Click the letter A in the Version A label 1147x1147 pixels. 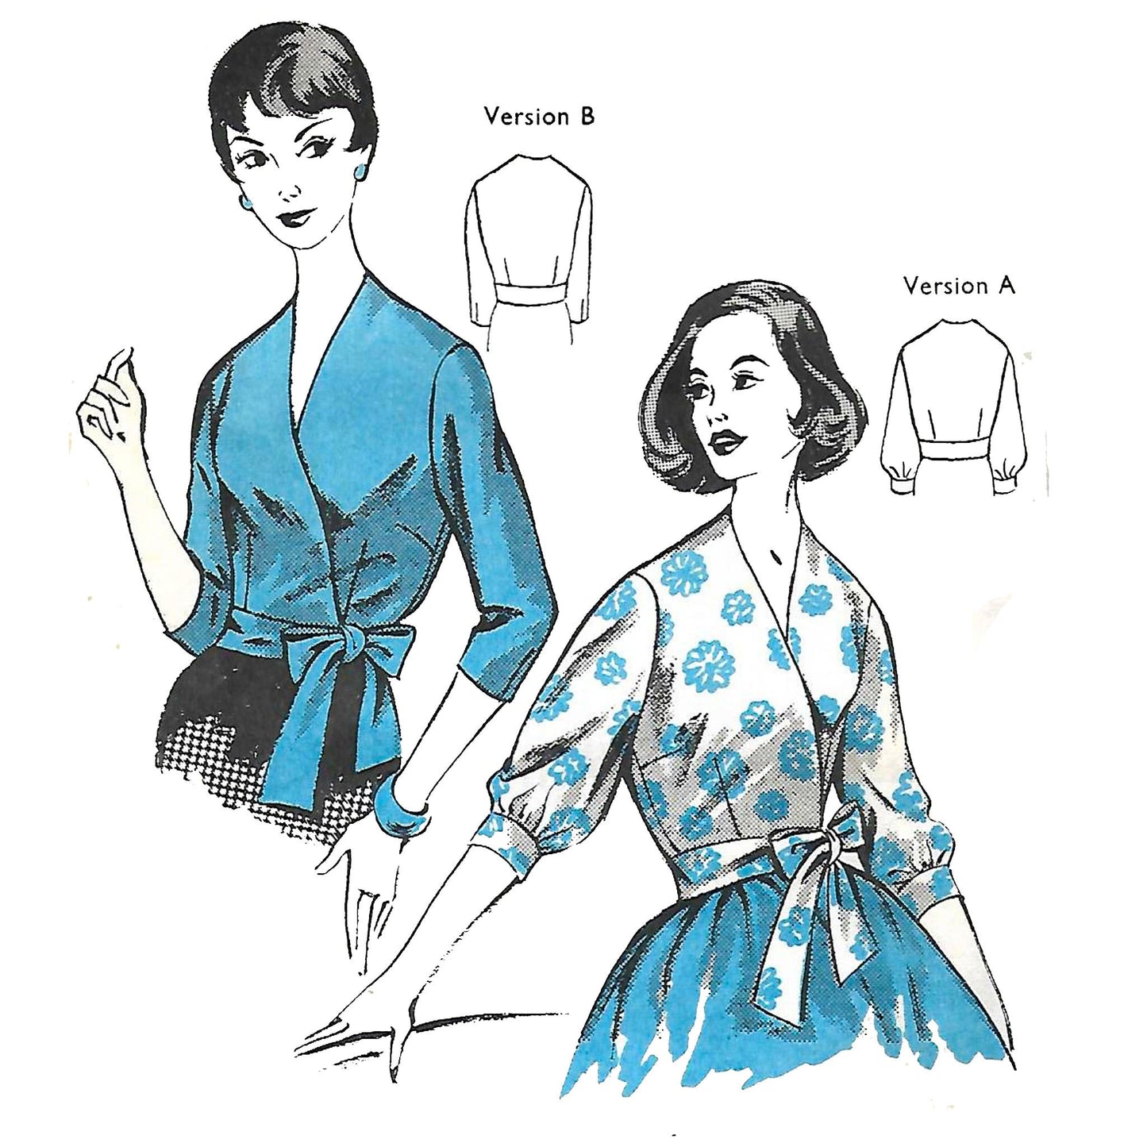pyautogui.click(x=1005, y=287)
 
